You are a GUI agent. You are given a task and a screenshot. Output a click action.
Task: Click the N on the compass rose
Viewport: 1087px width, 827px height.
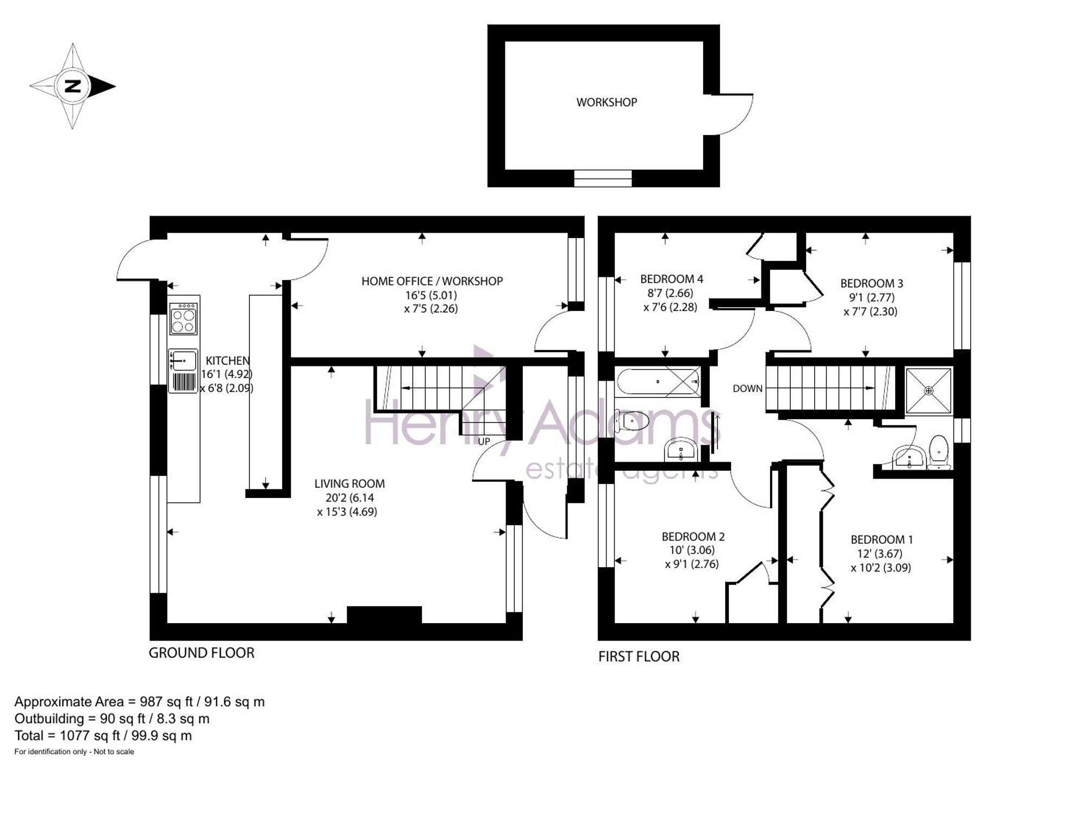(72, 86)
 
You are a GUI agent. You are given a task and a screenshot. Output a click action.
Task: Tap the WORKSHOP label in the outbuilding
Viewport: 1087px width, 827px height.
(607, 102)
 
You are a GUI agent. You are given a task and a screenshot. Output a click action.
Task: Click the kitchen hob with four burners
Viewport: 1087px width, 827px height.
(184, 319)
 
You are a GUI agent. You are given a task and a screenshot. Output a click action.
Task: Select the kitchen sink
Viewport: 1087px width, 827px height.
(183, 359)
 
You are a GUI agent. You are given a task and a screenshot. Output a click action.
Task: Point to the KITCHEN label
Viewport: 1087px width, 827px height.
(228, 360)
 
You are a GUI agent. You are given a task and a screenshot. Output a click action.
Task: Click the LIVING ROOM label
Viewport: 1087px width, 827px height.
(349, 483)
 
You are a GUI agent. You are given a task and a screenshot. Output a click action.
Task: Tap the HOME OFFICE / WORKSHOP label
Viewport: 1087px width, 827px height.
(432, 281)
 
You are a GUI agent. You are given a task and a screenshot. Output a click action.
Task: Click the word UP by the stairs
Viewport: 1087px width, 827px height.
(484, 441)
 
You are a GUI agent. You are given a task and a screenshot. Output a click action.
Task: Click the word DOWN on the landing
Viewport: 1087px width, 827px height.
(747, 388)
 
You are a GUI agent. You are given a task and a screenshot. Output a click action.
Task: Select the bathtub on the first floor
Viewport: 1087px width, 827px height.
(659, 381)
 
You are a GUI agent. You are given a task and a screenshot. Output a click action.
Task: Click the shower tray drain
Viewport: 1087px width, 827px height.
(929, 390)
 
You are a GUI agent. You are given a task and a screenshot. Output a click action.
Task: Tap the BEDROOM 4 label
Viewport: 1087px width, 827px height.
(671, 279)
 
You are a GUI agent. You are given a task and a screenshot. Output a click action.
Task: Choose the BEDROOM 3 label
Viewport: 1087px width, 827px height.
(872, 283)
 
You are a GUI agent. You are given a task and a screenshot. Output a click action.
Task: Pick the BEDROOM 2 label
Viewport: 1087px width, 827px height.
(693, 537)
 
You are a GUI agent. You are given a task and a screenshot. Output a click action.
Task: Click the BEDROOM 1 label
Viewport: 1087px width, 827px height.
(882, 539)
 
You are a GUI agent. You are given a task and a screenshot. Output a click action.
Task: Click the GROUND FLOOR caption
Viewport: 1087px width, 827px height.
(202, 652)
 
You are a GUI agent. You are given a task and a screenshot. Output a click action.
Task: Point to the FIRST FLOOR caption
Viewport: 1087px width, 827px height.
(639, 656)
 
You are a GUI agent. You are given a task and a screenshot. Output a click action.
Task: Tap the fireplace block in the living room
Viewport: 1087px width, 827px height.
(384, 615)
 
